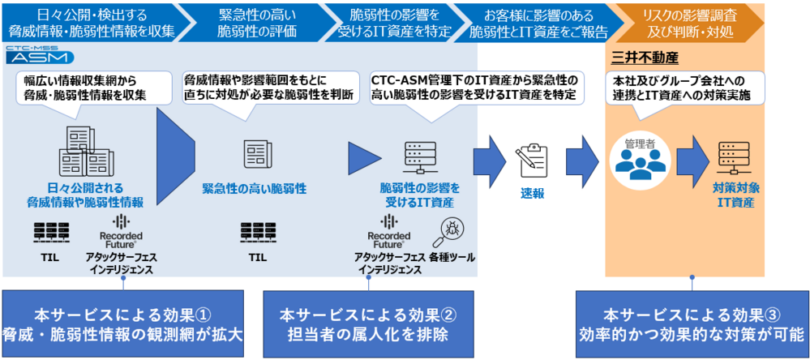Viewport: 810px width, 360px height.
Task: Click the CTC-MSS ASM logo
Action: coord(40,55)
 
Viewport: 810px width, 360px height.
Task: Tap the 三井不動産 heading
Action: coord(644,58)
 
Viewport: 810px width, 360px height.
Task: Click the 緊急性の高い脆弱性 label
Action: coord(254,188)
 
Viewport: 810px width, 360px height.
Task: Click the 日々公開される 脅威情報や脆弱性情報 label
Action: coord(85,195)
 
